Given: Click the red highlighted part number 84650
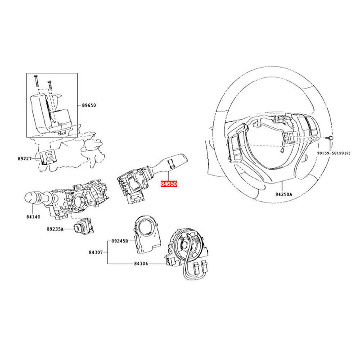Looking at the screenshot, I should pos(170,184).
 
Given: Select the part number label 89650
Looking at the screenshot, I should pos(89,105).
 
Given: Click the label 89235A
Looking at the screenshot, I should pos(55,229).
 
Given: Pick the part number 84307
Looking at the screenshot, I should pos(96,253).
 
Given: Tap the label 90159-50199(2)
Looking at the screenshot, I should pos(333,153).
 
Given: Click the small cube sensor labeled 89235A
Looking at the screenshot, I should pos(84,226).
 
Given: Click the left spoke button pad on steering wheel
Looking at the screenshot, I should pos(236,144).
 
